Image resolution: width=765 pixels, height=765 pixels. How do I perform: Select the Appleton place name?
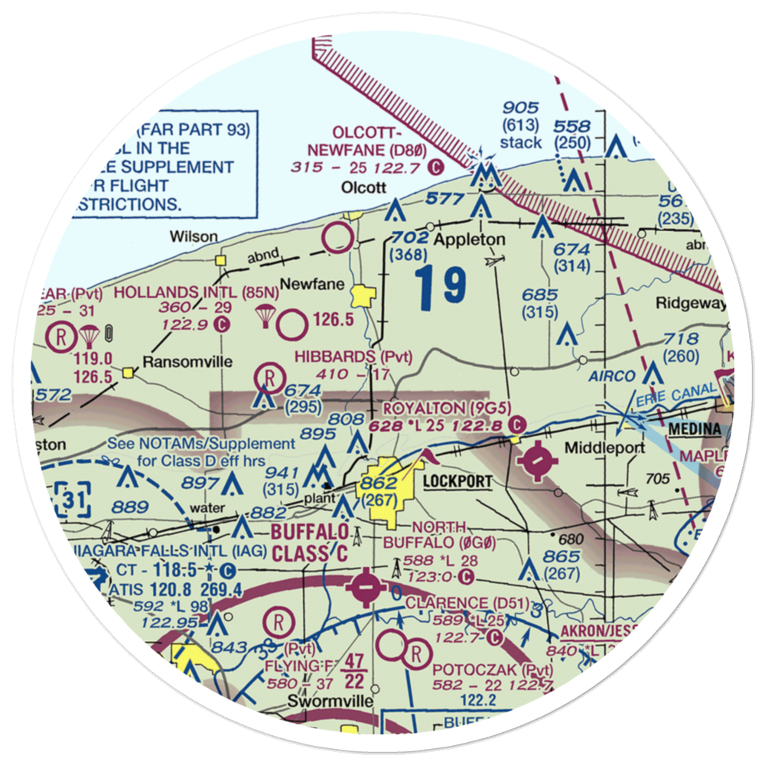469,239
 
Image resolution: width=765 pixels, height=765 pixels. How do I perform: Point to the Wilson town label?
194,236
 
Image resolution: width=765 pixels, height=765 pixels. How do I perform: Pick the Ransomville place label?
181,362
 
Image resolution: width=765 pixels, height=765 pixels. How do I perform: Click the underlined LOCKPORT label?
457,483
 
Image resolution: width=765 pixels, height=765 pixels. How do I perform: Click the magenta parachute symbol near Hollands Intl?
265,314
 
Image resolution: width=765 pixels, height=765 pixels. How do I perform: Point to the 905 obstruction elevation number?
520,109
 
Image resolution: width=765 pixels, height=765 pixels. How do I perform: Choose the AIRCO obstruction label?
612,376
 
